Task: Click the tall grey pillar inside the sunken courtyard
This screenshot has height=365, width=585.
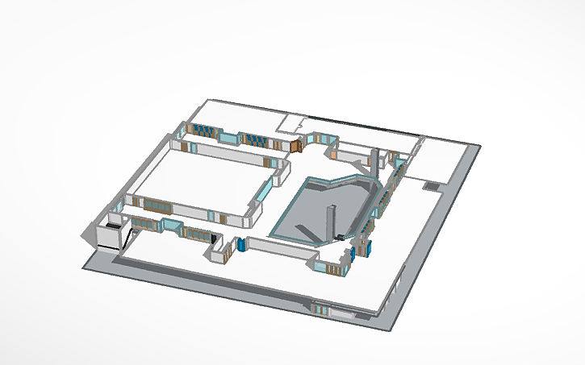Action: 330,221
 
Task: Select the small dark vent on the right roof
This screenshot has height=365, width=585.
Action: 432,185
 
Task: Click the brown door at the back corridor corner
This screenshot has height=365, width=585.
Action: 296,146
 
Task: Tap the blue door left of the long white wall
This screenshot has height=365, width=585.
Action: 240,245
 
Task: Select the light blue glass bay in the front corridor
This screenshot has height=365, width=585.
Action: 170,224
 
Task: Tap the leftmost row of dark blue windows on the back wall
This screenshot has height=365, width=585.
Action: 206,132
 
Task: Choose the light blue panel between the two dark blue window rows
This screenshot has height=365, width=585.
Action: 231,138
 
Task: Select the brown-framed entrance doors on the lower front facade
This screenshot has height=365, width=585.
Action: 321,308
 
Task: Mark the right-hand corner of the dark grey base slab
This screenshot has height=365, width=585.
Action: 479,147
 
